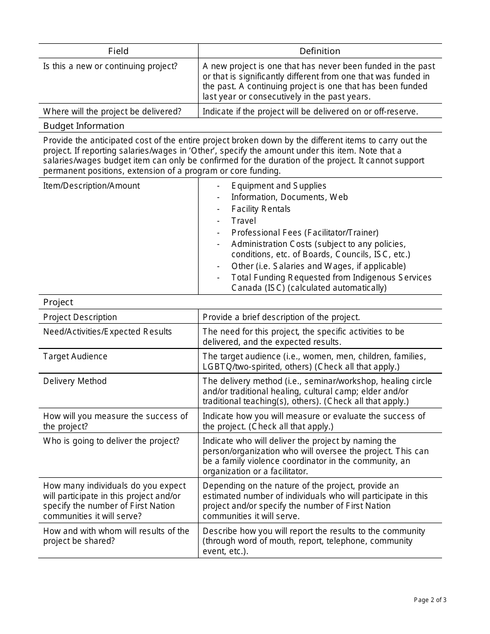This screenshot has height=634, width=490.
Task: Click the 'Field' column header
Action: click(118, 51)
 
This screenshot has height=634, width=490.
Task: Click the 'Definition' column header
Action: click(320, 51)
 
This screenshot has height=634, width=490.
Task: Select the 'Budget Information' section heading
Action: click(84, 126)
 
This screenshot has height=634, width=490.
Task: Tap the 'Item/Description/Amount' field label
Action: click(91, 186)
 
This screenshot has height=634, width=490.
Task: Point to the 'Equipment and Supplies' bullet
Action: click(279, 186)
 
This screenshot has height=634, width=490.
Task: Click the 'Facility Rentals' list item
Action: click(260, 209)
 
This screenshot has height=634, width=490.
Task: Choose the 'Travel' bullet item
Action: click(243, 221)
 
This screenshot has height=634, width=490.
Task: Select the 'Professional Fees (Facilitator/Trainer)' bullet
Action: click(304, 232)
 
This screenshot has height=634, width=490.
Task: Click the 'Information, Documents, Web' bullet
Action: click(289, 197)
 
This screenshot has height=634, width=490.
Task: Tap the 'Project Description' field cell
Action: click(80, 317)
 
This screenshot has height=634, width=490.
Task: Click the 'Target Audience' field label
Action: click(75, 356)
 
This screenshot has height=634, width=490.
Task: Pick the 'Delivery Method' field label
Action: click(75, 381)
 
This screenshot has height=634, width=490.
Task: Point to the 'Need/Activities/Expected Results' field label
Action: click(107, 331)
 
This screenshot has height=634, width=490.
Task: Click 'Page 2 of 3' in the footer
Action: click(430, 599)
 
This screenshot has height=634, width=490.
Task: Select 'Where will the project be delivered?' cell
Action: click(112, 111)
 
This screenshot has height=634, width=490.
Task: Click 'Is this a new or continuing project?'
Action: click(110, 66)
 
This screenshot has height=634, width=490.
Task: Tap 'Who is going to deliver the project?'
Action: click(111, 441)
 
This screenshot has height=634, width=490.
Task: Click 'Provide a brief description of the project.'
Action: click(281, 317)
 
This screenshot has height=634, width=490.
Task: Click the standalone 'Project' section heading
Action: click(58, 302)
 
